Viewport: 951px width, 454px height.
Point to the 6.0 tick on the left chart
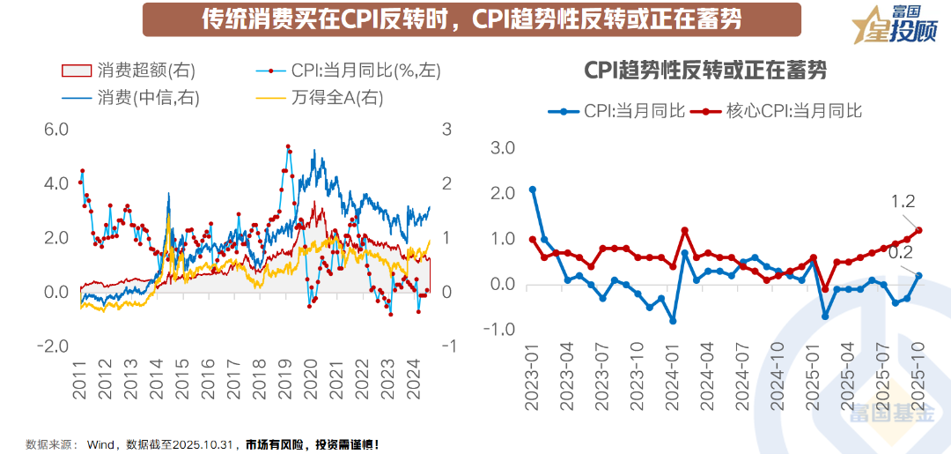[x=55, y=130]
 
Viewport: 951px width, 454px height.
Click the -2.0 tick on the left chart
[x=53, y=346]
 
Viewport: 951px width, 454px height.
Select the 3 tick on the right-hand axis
[x=446, y=130]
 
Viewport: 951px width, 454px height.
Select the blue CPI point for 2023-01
[x=533, y=190]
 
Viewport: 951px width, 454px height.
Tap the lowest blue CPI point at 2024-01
[x=673, y=321]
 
